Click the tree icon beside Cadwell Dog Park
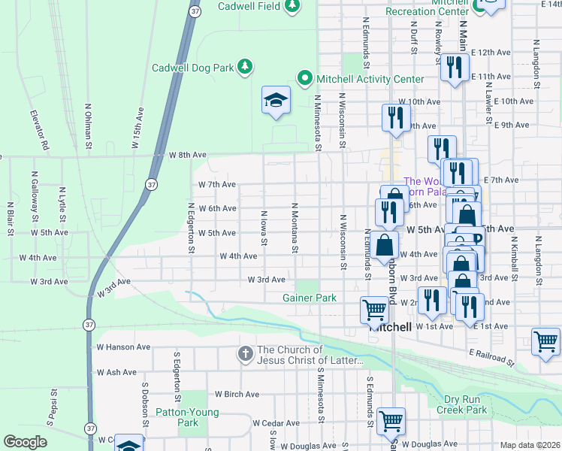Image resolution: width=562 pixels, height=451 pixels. pyautogui.click(x=244, y=68)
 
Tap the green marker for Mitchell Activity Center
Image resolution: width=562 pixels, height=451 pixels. pyautogui.click(x=304, y=78)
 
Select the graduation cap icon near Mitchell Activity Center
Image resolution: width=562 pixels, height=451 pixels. pyautogui.click(x=276, y=101)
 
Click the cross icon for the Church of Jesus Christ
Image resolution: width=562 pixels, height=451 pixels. pyautogui.click(x=245, y=354)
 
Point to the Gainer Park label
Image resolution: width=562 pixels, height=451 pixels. pyautogui.click(x=310, y=298)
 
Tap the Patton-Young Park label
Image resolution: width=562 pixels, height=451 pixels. pyautogui.click(x=187, y=417)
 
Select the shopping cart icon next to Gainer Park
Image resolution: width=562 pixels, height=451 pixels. pyautogui.click(x=373, y=309)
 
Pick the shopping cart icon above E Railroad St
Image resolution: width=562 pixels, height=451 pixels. pyautogui.click(x=545, y=341)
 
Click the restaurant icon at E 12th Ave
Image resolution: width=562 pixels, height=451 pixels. pyautogui.click(x=452, y=68)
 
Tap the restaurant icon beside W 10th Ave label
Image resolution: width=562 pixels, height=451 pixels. pyautogui.click(x=394, y=117)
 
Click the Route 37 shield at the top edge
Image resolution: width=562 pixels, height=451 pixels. pyautogui.click(x=195, y=12)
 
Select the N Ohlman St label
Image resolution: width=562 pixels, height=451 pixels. pyautogui.click(x=88, y=125)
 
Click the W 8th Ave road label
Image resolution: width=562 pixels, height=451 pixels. pyautogui.click(x=187, y=155)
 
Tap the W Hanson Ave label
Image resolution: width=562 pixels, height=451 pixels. pyautogui.click(x=123, y=347)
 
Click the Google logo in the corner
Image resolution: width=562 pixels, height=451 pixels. pyautogui.click(x=25, y=442)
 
